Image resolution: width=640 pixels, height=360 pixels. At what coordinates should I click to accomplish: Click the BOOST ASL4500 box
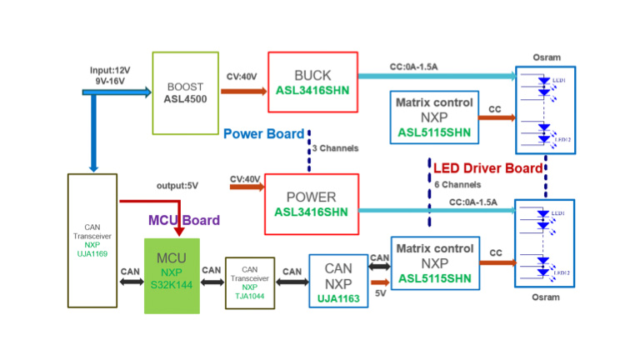185,92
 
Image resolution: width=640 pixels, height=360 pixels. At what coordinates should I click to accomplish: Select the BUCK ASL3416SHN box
312,81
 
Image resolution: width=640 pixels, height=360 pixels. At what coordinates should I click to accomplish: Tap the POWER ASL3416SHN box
311,203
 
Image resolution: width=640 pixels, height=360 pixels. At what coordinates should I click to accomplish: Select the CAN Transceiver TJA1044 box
249,282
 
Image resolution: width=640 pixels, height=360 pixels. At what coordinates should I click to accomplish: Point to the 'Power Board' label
264,133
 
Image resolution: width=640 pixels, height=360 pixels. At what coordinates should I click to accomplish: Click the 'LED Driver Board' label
488,167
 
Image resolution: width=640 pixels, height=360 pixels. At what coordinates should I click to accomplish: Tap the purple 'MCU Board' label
183,221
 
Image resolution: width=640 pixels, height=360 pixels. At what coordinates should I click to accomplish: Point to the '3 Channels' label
335,148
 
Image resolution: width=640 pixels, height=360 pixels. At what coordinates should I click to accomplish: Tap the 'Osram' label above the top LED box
546,57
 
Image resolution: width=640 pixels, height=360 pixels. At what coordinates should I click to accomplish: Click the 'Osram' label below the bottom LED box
546,296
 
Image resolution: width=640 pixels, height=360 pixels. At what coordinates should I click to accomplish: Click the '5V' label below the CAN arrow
381,292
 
